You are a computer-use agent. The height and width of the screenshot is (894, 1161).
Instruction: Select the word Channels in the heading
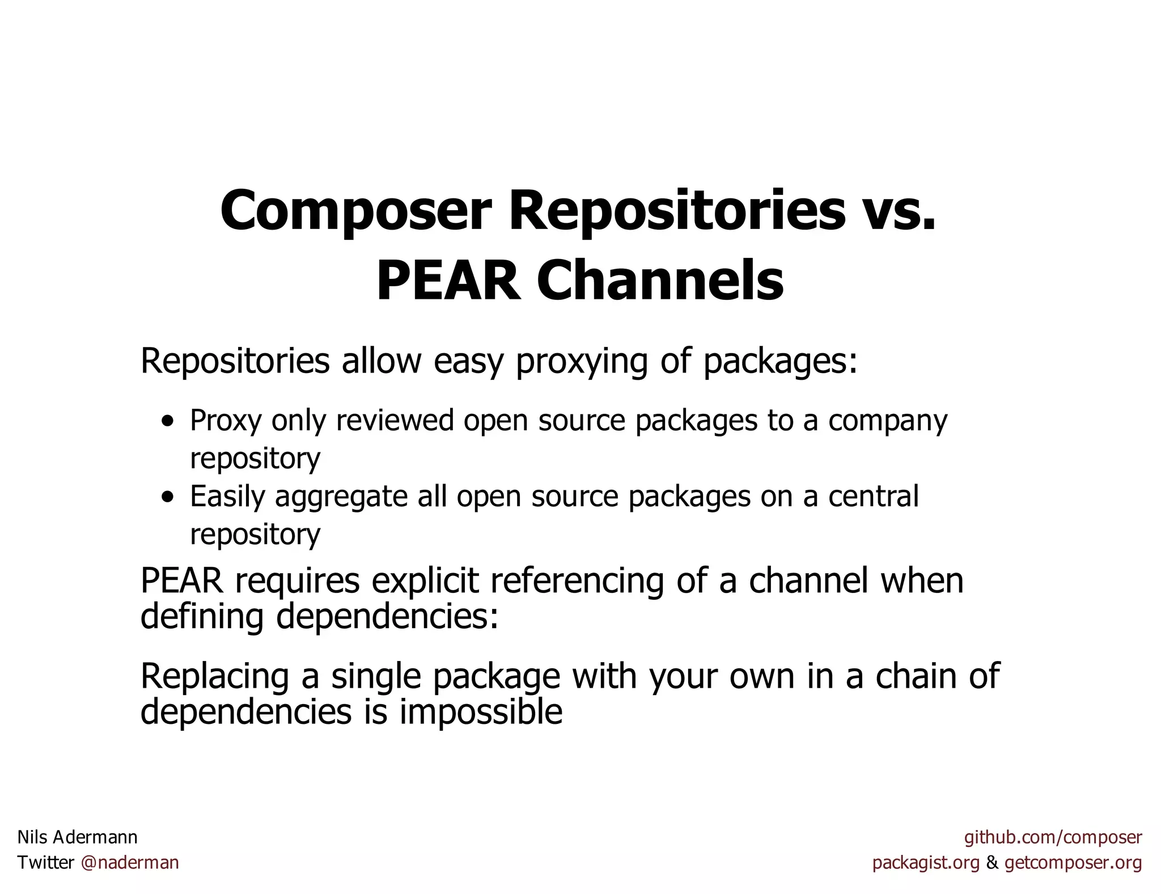coord(660,281)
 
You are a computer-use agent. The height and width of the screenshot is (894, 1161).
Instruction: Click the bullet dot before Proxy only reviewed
coord(168,422)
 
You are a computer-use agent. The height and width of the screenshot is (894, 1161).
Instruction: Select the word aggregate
coord(341,497)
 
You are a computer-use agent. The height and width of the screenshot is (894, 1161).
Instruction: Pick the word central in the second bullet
coord(873,496)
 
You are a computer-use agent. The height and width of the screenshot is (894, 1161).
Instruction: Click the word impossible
coord(481,712)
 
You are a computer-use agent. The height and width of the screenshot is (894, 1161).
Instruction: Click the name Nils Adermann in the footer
coord(78,837)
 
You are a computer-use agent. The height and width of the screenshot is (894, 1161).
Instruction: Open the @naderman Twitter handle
coord(130,863)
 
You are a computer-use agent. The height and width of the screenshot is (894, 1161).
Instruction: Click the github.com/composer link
coord(1053,837)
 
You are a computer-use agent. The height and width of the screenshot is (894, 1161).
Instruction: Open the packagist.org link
coord(926,863)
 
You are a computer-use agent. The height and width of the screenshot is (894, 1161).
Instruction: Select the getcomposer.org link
coord(1073,863)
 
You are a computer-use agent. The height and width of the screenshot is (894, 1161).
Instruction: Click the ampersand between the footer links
coord(992,863)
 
